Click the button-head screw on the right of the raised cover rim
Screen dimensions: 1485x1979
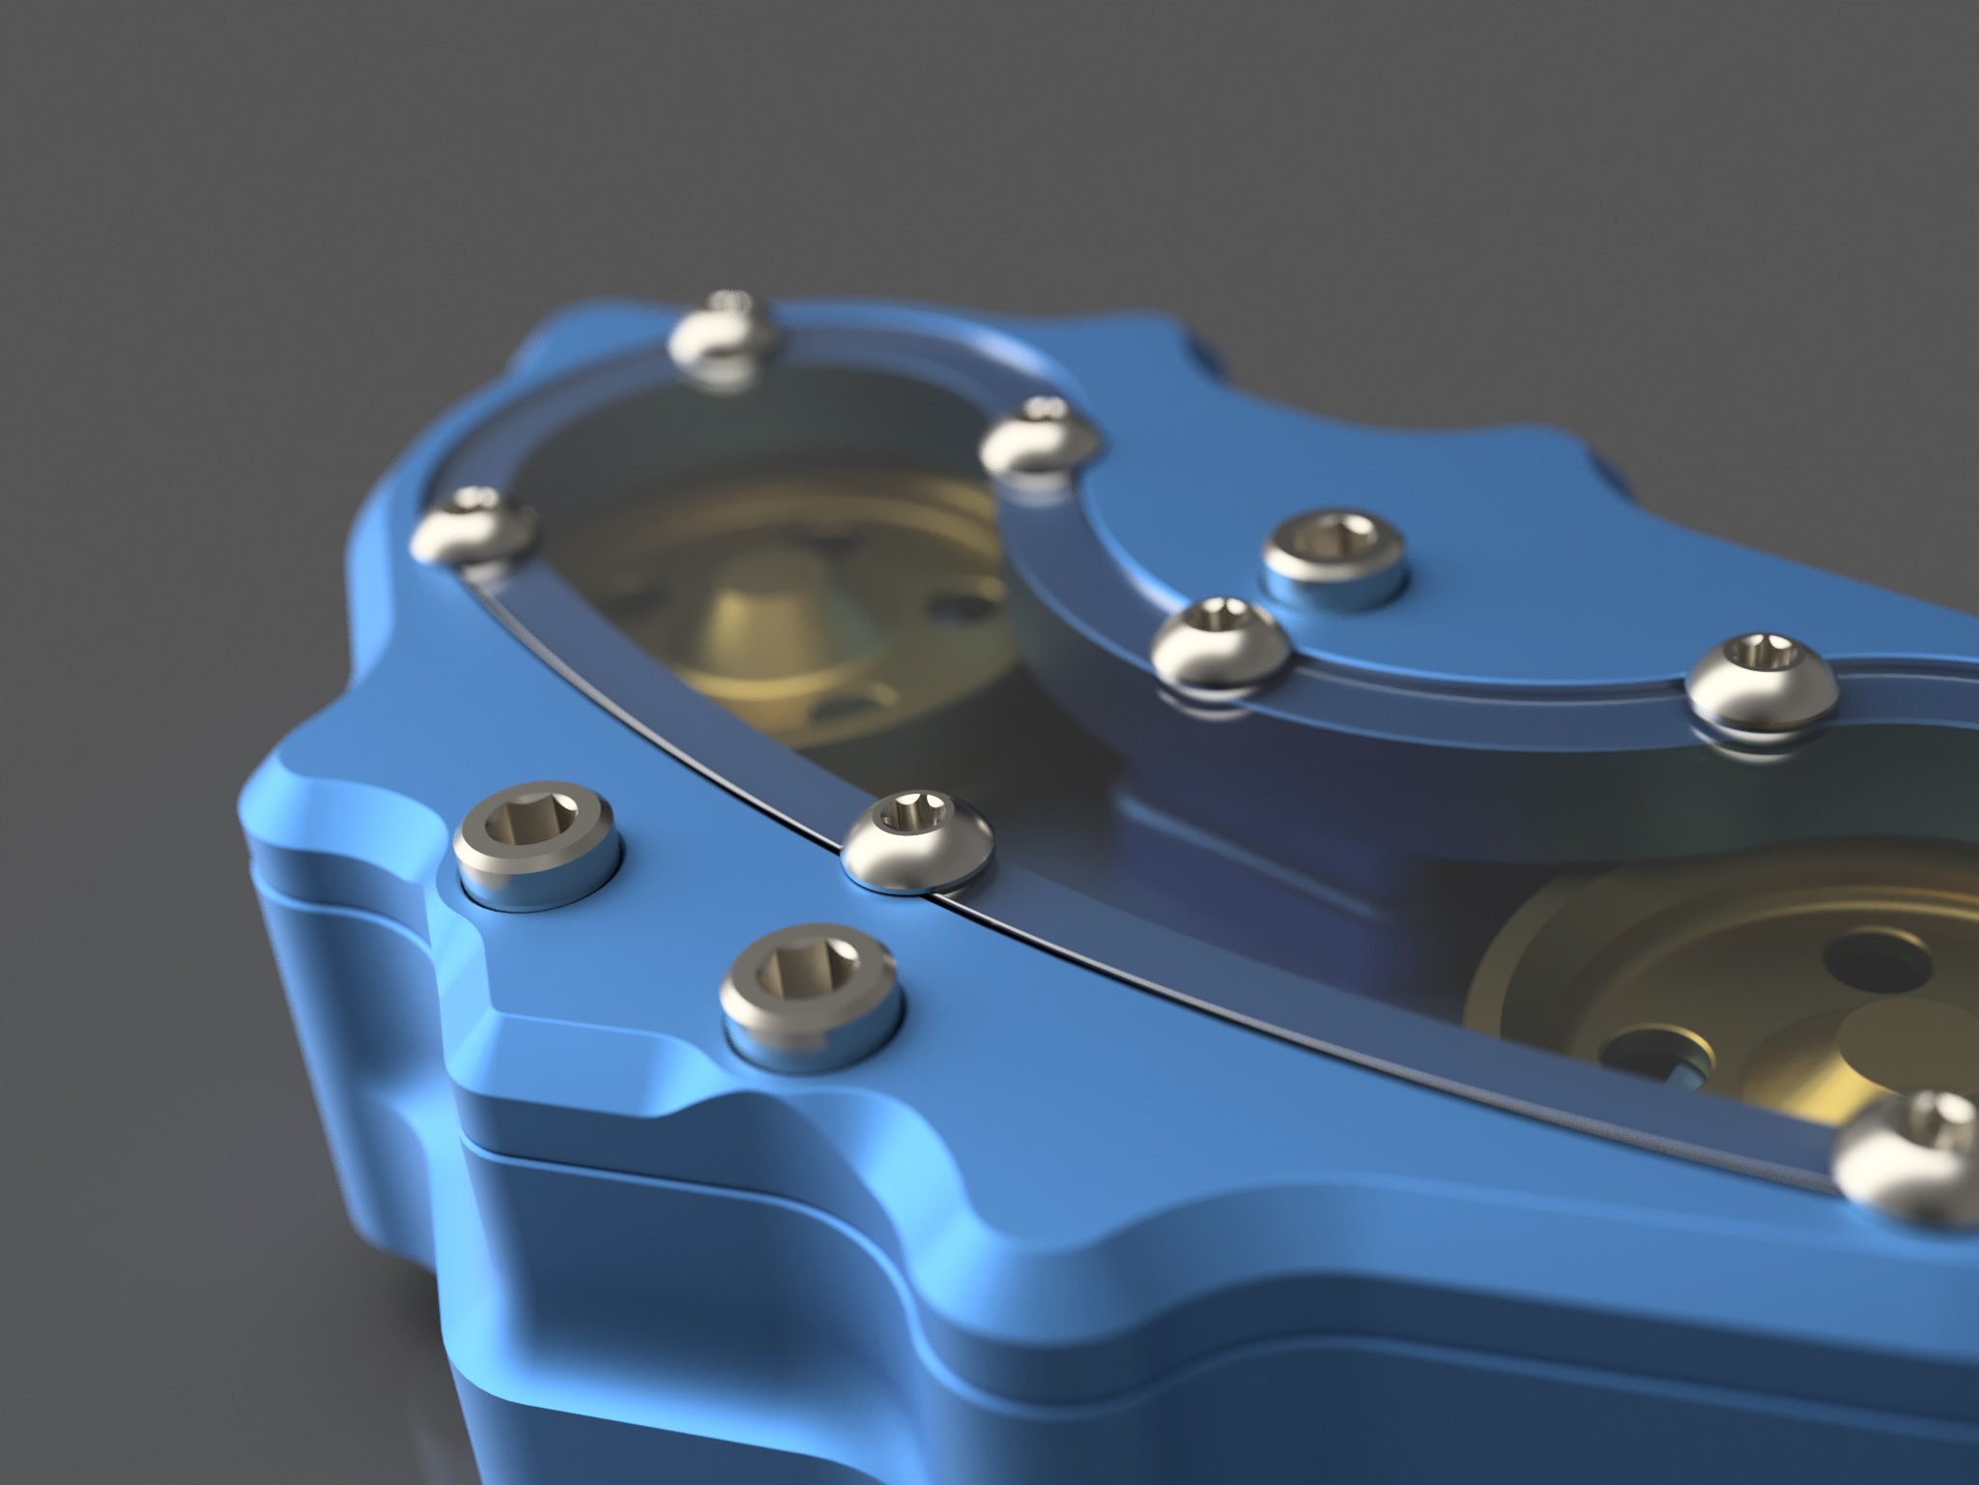click(1762, 679)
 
